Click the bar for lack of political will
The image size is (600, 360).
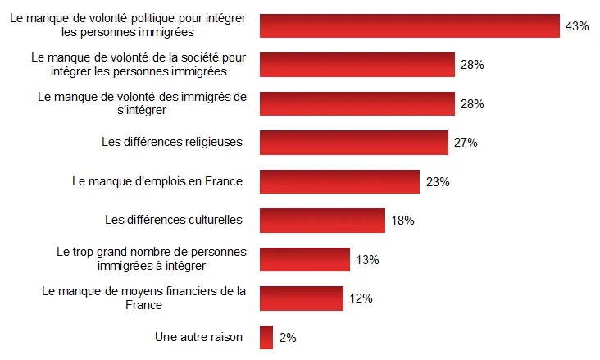point(409,26)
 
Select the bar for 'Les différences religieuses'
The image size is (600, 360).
point(354,143)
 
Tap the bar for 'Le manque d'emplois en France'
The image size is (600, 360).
point(339,181)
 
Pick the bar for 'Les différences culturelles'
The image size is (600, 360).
point(322,220)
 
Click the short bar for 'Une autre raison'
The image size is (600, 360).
point(266,337)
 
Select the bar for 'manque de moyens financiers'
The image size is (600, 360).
point(301,298)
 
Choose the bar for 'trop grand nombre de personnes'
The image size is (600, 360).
point(305,259)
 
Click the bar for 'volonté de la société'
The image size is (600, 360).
point(357,65)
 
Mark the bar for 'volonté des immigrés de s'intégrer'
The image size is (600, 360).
point(357,104)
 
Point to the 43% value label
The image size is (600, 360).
point(577,26)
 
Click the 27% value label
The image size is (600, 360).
point(466,143)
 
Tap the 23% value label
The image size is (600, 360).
point(438,182)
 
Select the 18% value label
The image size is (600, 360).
point(402,221)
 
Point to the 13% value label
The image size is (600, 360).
point(367,260)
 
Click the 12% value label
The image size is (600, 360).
point(361,299)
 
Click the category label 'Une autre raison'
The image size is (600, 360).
point(198,336)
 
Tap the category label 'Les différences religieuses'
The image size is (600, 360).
point(172,142)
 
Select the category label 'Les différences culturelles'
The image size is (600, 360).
point(174,220)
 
